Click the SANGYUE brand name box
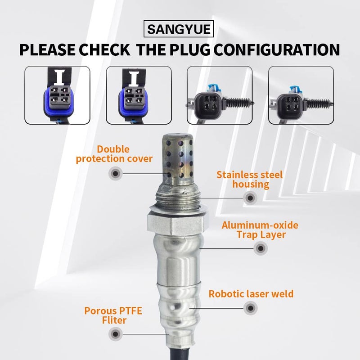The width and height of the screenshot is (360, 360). coord(180,30)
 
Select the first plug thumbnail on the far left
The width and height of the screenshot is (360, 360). coord(57,95)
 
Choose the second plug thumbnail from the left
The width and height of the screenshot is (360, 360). coord(139,95)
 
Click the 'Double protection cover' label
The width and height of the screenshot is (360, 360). coord(114,154)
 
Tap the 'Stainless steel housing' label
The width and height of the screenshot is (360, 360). coord(250,179)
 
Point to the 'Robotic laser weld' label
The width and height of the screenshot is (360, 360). coord(251,294)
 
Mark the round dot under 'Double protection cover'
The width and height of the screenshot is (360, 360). coord(115,173)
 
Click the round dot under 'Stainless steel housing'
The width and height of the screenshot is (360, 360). coord(250,197)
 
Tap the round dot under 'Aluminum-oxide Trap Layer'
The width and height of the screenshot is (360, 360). coord(260,248)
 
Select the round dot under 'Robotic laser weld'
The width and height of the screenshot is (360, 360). coord(250,308)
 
